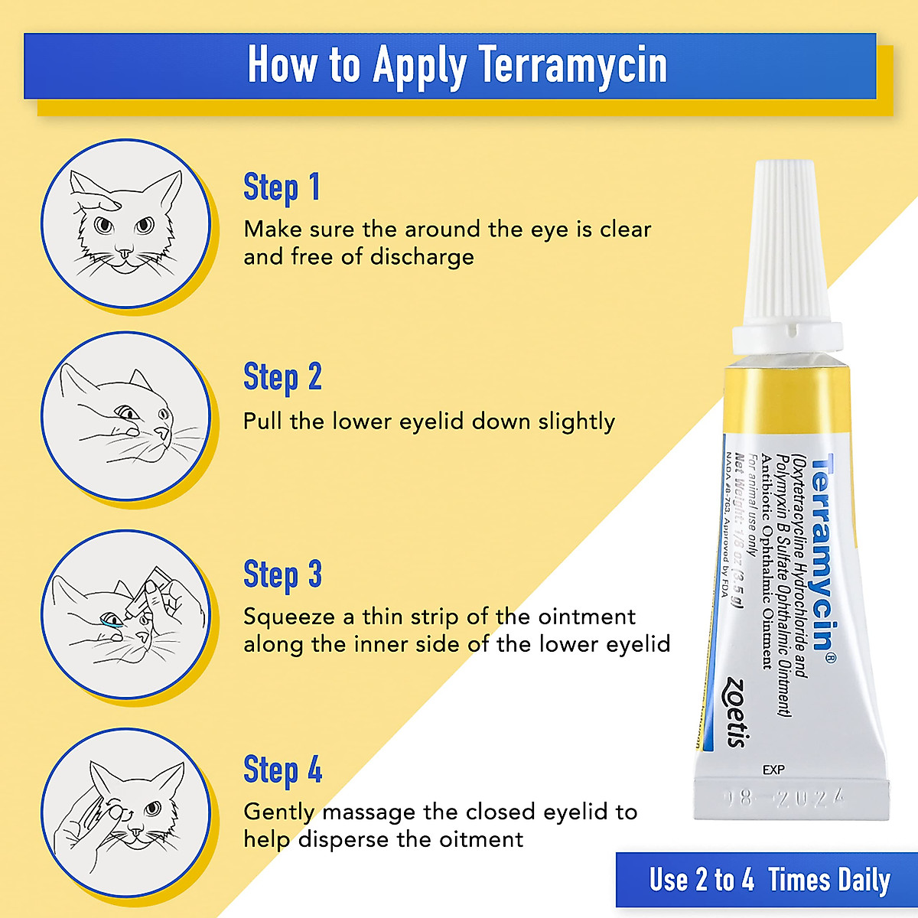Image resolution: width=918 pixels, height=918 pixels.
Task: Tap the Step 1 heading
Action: pyautogui.click(x=282, y=187)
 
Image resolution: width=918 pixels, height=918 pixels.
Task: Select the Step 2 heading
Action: pyautogui.click(x=282, y=377)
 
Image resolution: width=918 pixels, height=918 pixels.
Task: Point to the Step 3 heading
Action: pyautogui.click(x=282, y=575)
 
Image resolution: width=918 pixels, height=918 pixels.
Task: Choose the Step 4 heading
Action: pyautogui.click(x=282, y=770)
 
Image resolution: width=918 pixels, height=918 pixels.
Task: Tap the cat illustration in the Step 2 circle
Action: pyautogui.click(x=125, y=417)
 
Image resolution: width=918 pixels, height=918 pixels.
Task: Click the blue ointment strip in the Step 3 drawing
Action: pyautogui.click(x=113, y=625)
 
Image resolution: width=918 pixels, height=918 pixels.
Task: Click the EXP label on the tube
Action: pyautogui.click(x=773, y=770)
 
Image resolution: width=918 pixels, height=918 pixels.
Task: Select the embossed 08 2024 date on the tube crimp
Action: pyautogui.click(x=785, y=799)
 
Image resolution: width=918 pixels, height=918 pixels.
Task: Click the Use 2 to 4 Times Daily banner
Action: pyautogui.click(x=769, y=880)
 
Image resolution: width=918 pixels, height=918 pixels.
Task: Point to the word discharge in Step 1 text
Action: pyautogui.click(x=422, y=257)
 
